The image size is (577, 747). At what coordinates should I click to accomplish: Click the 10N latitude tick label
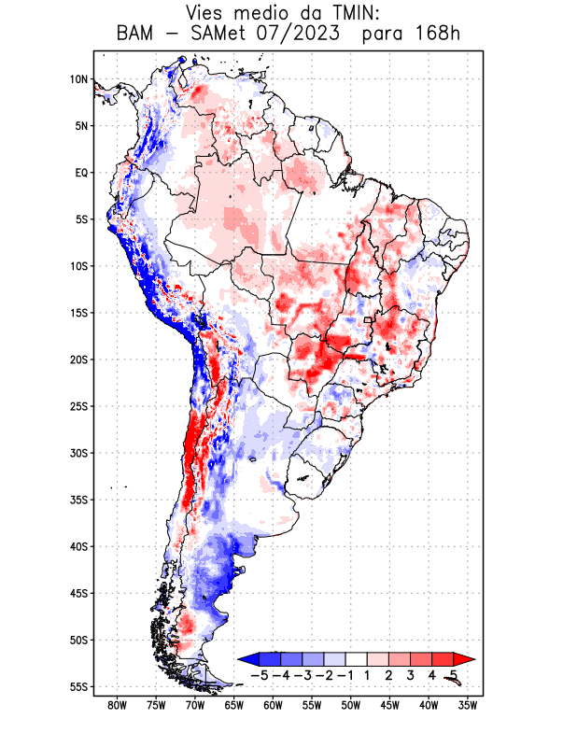(x=78, y=79)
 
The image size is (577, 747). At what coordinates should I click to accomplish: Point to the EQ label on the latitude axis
(x=81, y=173)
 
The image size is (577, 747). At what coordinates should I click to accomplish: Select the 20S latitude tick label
(x=78, y=359)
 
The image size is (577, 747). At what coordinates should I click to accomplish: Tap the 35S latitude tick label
(x=78, y=500)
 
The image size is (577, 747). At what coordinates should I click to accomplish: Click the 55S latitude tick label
(x=78, y=687)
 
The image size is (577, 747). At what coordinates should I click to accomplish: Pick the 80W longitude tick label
(x=118, y=706)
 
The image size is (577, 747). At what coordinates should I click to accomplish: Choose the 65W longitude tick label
(x=234, y=706)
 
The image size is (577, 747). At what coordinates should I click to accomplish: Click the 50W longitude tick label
(x=351, y=706)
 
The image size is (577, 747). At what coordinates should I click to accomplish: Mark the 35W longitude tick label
(x=468, y=706)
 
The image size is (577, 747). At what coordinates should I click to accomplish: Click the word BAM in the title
(x=136, y=35)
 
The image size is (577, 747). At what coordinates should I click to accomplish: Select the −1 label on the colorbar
(x=345, y=675)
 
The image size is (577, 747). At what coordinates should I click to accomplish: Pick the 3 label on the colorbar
(x=411, y=675)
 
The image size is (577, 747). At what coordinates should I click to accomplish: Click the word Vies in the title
(x=207, y=13)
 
